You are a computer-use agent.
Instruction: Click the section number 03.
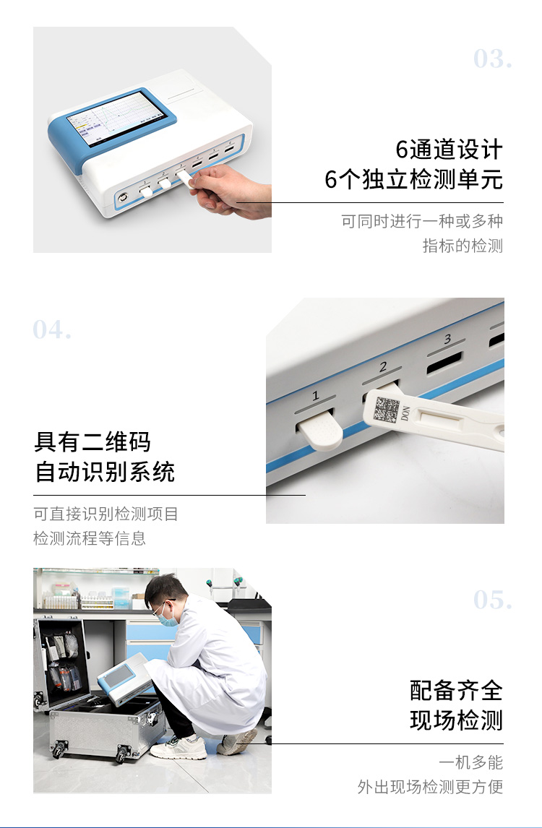point(492,59)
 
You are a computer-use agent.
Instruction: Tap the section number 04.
point(52,329)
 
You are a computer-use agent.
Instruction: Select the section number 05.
point(492,600)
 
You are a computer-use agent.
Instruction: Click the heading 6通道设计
point(449,150)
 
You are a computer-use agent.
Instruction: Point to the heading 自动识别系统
point(105,472)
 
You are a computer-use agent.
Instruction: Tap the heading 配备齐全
point(456,690)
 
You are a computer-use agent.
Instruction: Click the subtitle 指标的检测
point(463,246)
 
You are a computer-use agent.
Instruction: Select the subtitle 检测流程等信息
point(90,538)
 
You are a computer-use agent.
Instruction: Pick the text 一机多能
point(470,762)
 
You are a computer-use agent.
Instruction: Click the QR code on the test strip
point(387,410)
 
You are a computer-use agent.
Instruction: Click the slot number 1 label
point(316,395)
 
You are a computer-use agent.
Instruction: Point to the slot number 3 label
point(447,339)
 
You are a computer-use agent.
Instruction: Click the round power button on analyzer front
point(124,197)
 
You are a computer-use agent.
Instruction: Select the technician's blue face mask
point(168,617)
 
